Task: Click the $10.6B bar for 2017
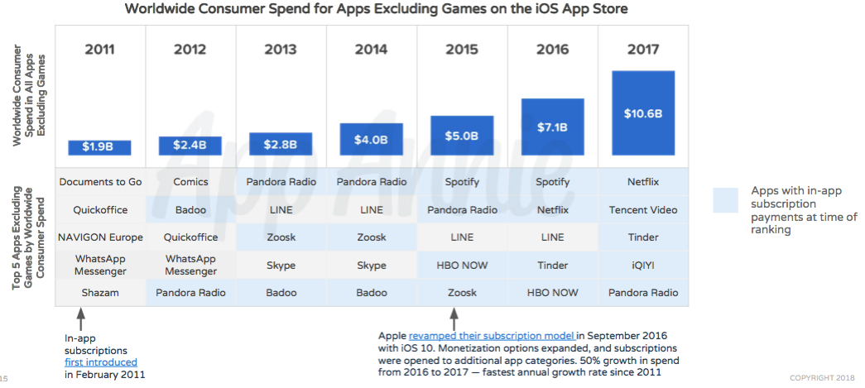(643, 113)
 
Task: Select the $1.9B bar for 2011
(99, 147)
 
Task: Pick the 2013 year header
(281, 50)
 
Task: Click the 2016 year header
(552, 50)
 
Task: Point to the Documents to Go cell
(100, 182)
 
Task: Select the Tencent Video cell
(643, 209)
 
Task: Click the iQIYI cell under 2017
(643, 266)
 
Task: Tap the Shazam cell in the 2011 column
(100, 293)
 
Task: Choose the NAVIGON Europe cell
(100, 237)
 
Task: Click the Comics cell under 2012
(190, 182)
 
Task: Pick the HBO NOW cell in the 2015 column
(462, 266)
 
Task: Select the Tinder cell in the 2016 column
(552, 266)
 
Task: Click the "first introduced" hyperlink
(101, 362)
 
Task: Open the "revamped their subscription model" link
(493, 336)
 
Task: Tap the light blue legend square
(725, 200)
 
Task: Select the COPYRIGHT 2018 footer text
(821, 378)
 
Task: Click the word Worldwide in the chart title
(162, 9)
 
